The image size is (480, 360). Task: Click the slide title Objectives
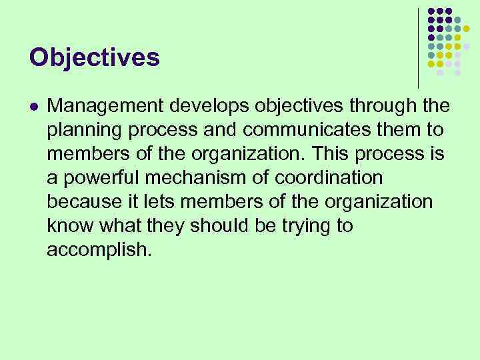click(94, 57)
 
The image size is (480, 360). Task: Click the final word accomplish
click(99, 250)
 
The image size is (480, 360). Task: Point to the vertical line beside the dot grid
click(418, 47)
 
